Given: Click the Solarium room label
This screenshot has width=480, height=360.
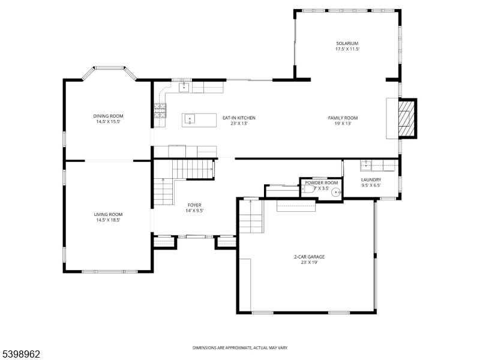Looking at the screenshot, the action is tap(347, 43).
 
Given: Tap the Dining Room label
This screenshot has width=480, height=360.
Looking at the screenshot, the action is tap(109, 116).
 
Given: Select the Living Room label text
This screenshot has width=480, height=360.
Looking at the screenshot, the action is tap(108, 215).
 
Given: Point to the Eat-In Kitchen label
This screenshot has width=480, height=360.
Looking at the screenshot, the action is tap(239, 118).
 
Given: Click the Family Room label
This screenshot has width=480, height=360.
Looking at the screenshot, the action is tap(343, 118).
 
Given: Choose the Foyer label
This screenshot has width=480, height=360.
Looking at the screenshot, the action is tap(194, 205).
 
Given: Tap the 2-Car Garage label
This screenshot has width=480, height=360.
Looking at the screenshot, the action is tap(309, 257).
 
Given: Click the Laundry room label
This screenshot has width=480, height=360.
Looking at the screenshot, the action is tap(371, 179).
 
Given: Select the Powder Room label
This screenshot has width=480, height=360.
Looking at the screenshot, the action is tap(322, 183).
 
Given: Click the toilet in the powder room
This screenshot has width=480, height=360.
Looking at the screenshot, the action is tap(308, 189).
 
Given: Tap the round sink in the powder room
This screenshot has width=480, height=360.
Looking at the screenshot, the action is tap(336, 192).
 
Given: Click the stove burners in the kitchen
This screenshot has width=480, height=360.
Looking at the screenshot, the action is tap(160, 110).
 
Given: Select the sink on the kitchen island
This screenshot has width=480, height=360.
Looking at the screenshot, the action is tap(190, 119).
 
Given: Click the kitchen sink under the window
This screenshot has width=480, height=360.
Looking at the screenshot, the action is tap(184, 87).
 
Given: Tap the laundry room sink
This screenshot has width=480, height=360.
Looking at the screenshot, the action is tap(366, 166).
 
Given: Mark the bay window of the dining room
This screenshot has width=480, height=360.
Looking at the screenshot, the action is tap(109, 71).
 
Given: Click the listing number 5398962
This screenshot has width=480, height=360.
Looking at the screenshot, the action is tap(20, 354).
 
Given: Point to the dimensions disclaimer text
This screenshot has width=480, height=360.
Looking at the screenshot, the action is tap(240, 348).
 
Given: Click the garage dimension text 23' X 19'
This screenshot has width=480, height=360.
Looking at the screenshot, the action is tap(310, 262).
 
